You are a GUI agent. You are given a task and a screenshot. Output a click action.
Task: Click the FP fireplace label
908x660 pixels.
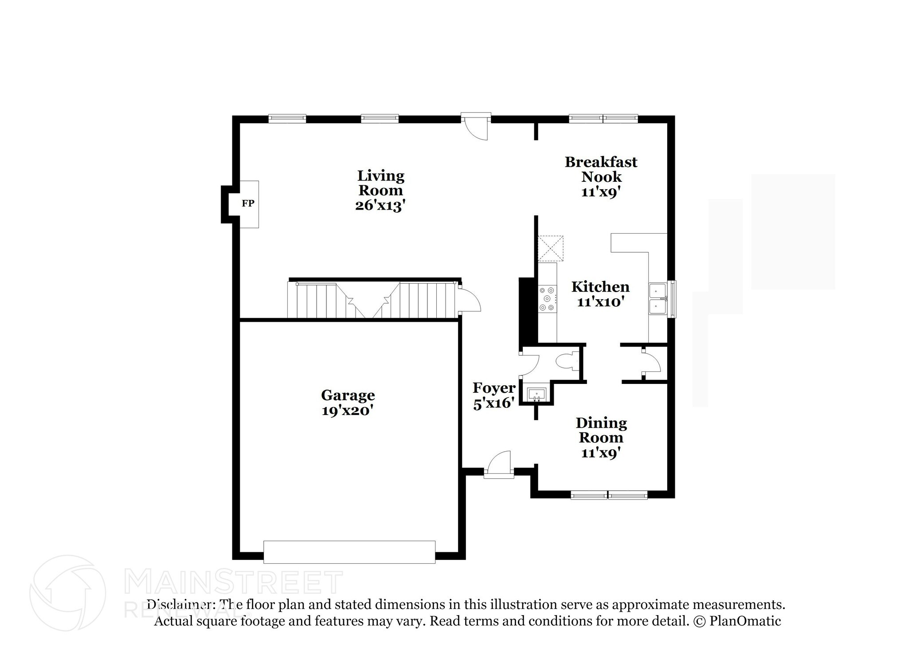point(248,203)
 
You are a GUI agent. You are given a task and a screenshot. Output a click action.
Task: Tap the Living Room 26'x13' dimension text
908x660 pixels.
point(380,206)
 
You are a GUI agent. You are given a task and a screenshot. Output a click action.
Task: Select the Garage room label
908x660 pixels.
point(348,395)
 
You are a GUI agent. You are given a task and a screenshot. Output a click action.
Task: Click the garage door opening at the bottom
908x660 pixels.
point(349,552)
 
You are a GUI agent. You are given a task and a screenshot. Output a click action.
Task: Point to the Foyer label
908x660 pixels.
point(494,388)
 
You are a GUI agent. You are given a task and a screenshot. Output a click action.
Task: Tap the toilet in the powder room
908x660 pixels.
point(567,361)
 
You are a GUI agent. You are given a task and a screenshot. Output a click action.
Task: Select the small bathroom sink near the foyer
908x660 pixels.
point(536,394)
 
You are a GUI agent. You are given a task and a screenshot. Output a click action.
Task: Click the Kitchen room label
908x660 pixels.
point(600,287)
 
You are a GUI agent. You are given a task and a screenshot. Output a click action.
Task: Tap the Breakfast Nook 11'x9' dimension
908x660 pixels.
point(600,192)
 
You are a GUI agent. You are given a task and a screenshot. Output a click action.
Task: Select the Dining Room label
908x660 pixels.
point(601,430)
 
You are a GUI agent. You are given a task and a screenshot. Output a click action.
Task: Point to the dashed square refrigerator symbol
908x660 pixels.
point(550,249)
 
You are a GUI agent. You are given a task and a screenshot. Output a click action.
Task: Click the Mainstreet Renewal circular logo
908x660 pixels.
point(67,593)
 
